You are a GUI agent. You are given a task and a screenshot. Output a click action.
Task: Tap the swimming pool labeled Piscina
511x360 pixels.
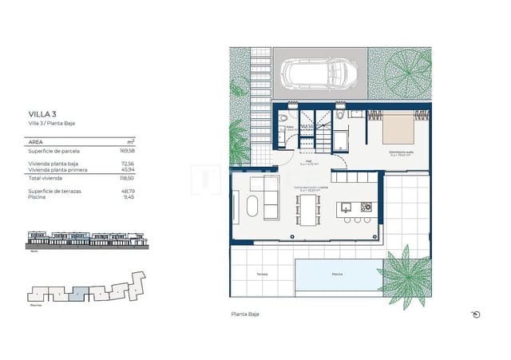point(337,275)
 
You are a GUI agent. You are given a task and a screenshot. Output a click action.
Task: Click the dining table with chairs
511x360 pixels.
point(308,209)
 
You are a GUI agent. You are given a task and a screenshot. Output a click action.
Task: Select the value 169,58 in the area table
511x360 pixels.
point(125,149)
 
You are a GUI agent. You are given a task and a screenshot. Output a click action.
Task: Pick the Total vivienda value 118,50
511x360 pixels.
point(125,179)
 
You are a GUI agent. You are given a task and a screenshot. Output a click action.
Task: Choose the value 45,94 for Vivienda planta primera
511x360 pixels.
point(125,168)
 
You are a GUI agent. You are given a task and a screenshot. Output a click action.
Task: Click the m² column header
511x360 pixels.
point(130,140)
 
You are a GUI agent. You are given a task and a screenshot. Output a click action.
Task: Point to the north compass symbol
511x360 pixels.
point(477,315)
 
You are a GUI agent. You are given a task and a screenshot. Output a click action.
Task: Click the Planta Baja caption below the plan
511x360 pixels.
point(244,315)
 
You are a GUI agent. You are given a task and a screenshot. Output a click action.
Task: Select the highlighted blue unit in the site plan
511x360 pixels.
point(75,294)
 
